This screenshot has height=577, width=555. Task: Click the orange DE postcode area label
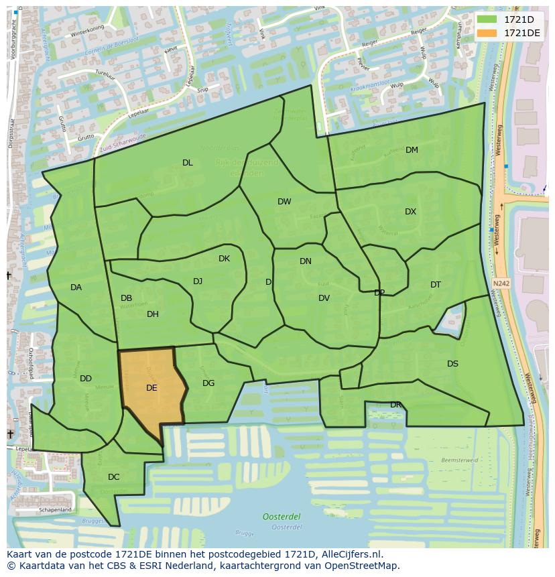[151, 387]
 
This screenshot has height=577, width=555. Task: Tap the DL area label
[188, 163]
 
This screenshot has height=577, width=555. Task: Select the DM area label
[412, 150]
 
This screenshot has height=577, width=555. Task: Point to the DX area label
[410, 212]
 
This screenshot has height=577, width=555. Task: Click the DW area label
[284, 202]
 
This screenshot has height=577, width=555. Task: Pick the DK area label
[224, 259]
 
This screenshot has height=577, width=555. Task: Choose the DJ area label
[198, 281]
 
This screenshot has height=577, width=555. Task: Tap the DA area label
[76, 287]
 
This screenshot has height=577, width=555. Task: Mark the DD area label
[86, 379]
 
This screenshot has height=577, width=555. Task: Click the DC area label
[113, 477]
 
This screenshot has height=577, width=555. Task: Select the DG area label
[208, 383]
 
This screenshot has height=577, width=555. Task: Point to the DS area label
[452, 364]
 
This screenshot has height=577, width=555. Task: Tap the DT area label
[436, 285]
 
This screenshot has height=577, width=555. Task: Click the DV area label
[324, 298]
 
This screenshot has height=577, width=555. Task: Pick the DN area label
[306, 261]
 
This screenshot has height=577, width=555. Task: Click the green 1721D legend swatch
[487, 19]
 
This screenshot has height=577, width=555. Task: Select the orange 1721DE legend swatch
[487, 33]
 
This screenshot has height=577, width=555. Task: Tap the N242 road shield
[500, 283]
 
